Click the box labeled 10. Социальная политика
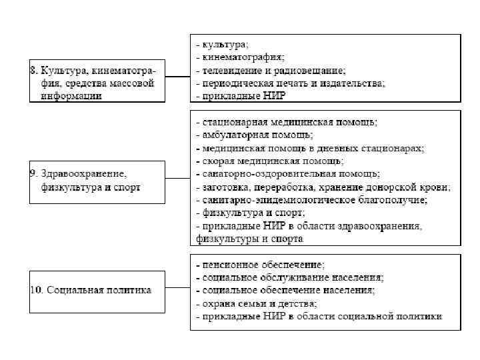click(x=97, y=291)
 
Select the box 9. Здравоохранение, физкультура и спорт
click(x=97, y=181)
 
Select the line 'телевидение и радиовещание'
click(x=270, y=70)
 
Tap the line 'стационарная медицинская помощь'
click(x=287, y=122)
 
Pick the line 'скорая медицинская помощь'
click(x=270, y=161)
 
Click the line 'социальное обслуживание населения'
click(x=290, y=277)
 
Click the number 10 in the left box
click(x=36, y=291)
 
